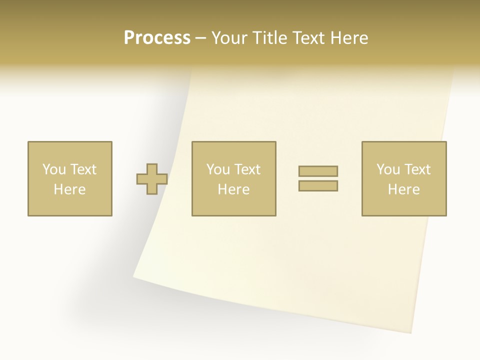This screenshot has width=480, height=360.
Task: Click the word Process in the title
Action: tap(157, 38)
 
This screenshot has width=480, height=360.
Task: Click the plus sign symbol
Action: tap(152, 179)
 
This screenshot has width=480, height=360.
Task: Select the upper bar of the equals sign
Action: tap(318, 171)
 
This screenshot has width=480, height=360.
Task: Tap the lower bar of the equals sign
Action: tap(318, 185)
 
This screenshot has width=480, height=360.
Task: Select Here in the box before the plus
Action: tap(69, 189)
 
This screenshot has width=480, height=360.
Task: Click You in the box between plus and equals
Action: tap(217, 169)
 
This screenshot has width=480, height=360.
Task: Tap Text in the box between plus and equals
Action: tap(247, 169)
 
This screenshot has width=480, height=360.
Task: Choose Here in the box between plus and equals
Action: tap(233, 189)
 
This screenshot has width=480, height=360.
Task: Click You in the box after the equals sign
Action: tap(387, 169)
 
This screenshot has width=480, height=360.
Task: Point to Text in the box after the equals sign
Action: tap(417, 169)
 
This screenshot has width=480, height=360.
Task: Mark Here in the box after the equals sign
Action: tap(403, 189)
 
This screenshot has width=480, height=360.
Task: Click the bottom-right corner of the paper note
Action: tap(411, 333)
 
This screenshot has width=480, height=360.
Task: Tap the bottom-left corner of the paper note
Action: tap(134, 276)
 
